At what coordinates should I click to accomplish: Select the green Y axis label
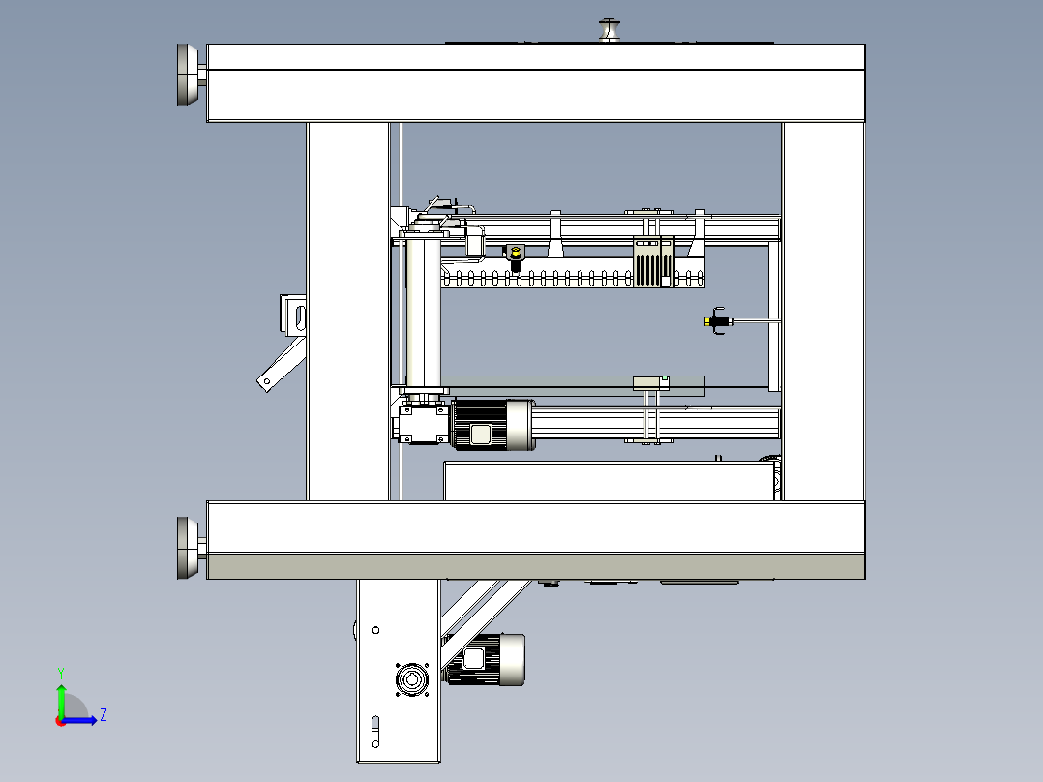pos(61,673)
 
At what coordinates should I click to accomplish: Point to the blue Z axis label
pos(104,715)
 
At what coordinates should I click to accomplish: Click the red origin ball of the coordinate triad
pos(61,721)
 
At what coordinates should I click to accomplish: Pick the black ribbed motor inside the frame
pos(492,424)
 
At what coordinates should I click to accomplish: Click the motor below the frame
pos(484,659)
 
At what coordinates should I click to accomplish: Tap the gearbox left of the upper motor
pos(423,424)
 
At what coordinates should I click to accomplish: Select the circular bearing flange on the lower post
pos(412,679)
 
